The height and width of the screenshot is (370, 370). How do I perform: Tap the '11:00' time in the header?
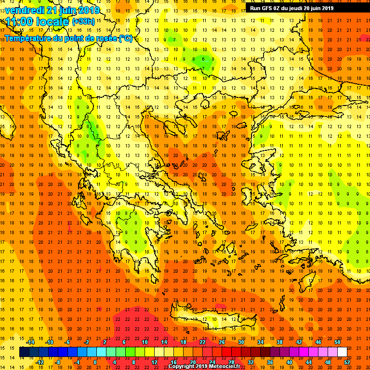pos(19,22)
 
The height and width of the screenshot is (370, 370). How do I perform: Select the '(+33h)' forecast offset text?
pos(83,22)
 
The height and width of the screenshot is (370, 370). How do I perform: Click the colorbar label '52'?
pos(347,362)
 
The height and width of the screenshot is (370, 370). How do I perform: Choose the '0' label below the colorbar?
pos(95,362)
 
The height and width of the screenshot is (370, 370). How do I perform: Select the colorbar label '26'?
pos(222,342)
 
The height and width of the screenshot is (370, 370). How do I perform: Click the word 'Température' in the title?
pos(27,38)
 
